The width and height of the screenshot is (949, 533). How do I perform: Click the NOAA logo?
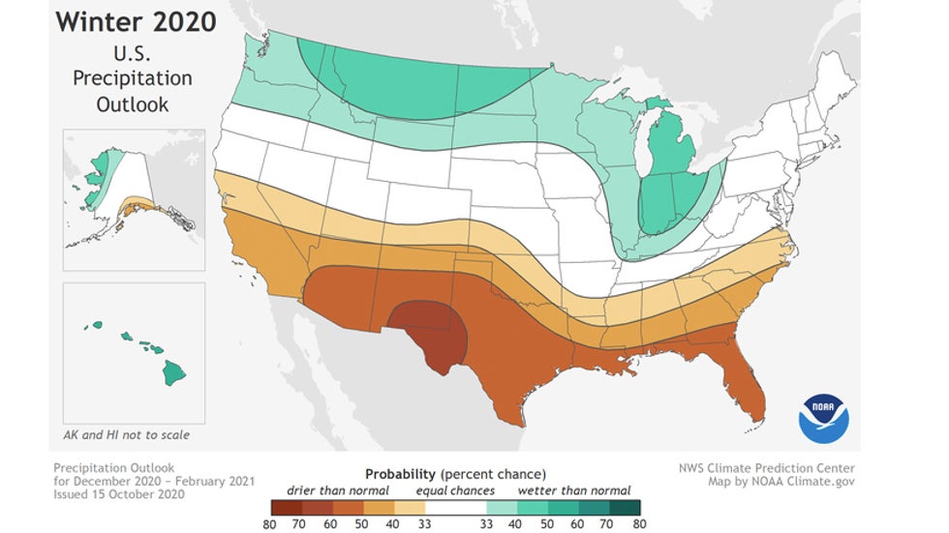pyautogui.click(x=823, y=418)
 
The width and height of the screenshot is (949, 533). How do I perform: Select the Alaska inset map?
pyautogui.click(x=133, y=189)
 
